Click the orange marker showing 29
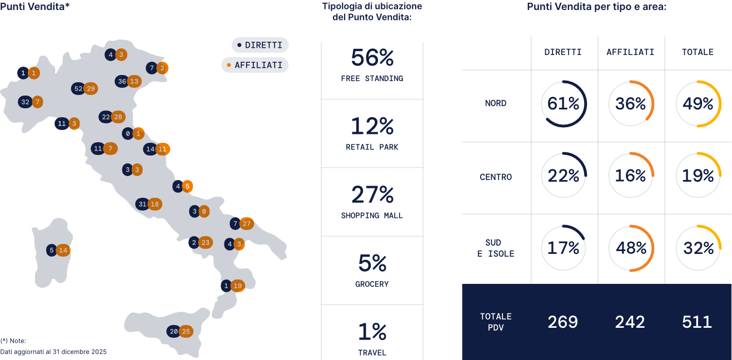[x=91, y=88]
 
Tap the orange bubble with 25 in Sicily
[x=186, y=332]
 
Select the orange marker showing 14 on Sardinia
[x=63, y=250]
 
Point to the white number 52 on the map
[x=78, y=88]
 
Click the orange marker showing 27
[x=247, y=223]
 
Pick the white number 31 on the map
[x=142, y=204]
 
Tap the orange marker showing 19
[x=238, y=286]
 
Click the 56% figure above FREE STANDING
[x=372, y=58]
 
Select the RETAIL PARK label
[x=372, y=147]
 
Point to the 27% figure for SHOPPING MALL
[x=372, y=195]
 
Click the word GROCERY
[x=372, y=284]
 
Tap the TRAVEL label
[x=372, y=352]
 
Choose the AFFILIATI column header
[x=630, y=52]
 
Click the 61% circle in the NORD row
[x=564, y=103]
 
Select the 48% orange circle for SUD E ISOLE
[x=631, y=248]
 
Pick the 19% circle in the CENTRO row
[x=698, y=176]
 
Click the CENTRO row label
[x=495, y=177]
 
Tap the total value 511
[x=697, y=322]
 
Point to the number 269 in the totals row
[x=562, y=322]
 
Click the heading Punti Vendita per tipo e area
[x=596, y=7]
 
